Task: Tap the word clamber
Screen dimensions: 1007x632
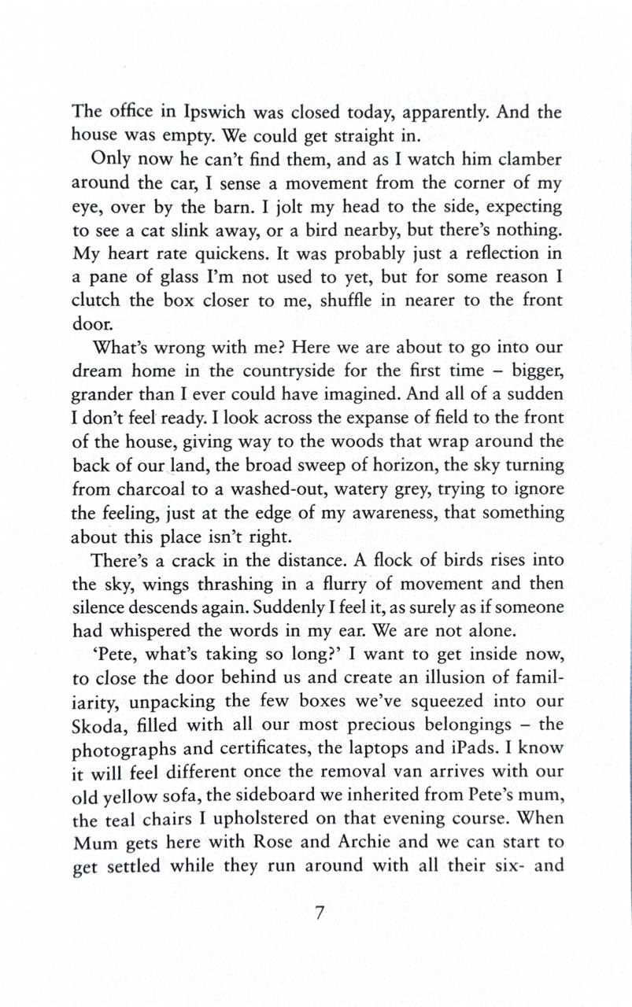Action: click(x=524, y=160)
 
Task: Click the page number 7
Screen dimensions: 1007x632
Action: click(x=320, y=916)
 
